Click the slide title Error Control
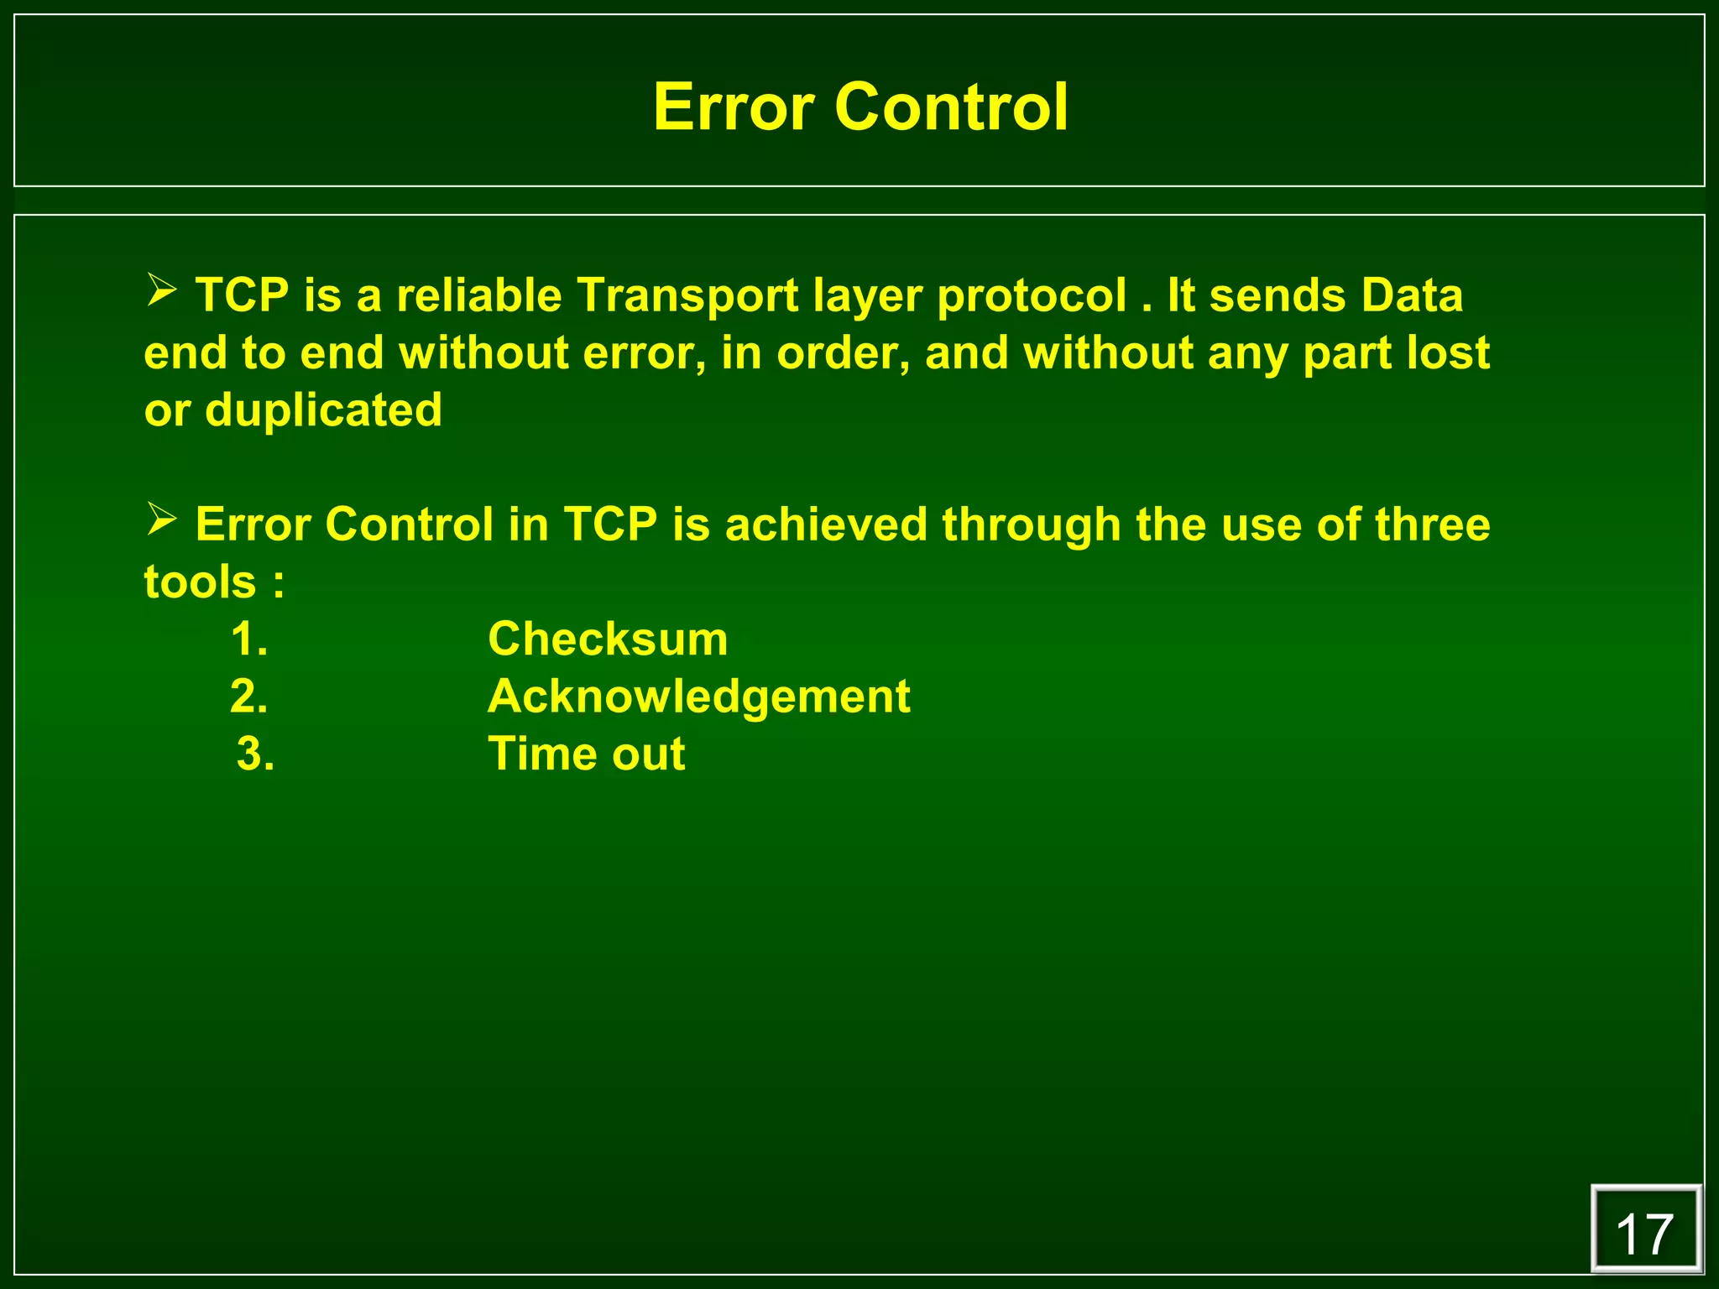click(x=860, y=107)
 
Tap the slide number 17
click(x=1644, y=1234)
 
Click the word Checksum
click(x=608, y=639)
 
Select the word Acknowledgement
click(x=698, y=697)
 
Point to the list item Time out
click(x=586, y=754)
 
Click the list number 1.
click(x=249, y=639)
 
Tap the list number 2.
click(x=249, y=697)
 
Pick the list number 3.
click(x=255, y=754)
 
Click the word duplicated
click(x=323, y=411)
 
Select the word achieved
click(x=826, y=525)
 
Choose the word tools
click(x=200, y=582)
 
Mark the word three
click(x=1432, y=525)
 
